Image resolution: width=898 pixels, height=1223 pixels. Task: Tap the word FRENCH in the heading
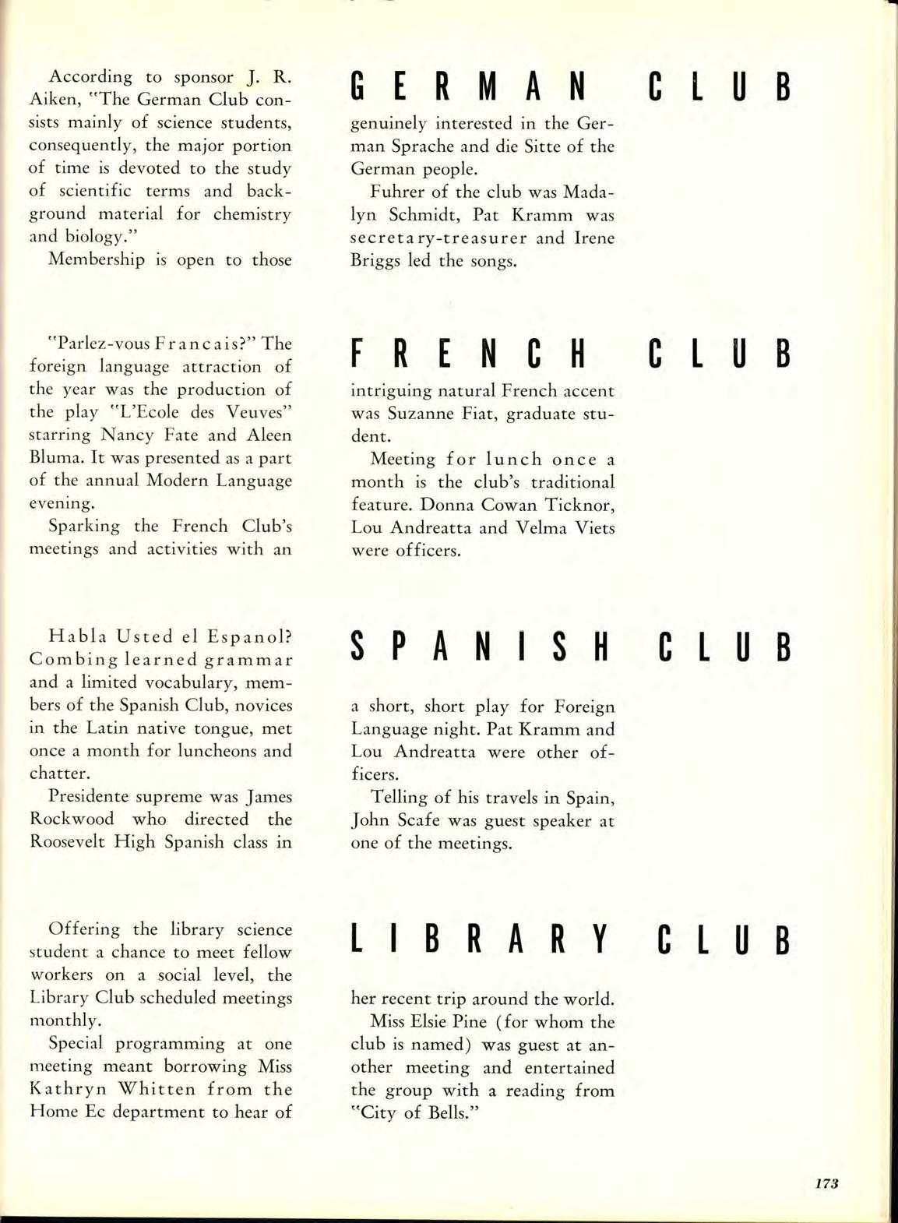click(467, 354)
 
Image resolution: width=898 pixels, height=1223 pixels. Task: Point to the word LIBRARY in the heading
click(478, 939)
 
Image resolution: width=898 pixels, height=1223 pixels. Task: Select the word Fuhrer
click(399, 192)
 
